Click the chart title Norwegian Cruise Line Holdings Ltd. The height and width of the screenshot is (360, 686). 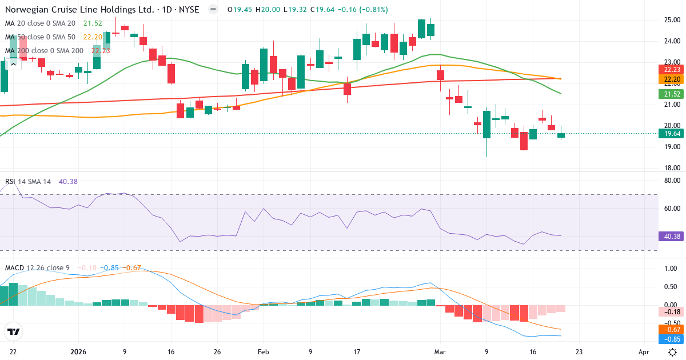79,10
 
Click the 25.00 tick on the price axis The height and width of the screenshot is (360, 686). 671,20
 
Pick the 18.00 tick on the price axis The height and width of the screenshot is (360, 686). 671,168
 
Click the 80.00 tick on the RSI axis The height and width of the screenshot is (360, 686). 671,181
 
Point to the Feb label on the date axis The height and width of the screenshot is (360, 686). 263,353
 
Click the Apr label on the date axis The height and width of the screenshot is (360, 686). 644,353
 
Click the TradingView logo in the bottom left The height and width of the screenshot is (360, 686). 13,331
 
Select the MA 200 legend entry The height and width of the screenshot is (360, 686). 45,50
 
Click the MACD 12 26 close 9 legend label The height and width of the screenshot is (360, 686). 37,267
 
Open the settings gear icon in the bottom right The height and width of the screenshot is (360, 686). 673,353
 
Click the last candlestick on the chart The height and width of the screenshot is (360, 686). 561,135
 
